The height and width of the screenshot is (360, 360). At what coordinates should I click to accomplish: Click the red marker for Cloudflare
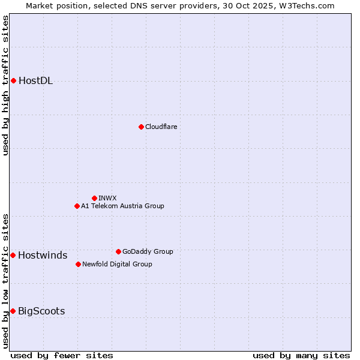141,127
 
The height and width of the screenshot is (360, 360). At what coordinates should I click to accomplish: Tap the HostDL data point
13,81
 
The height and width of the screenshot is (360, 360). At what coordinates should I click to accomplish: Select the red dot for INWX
94,198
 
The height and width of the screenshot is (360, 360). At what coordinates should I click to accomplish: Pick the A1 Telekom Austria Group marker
77,206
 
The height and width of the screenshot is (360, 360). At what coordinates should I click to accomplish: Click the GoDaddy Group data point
118,251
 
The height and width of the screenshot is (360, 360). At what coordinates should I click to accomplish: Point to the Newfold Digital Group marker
78,264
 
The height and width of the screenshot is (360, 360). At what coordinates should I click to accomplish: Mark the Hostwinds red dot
13,255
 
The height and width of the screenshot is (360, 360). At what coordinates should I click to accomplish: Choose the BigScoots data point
13,311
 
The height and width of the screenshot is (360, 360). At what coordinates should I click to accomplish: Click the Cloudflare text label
161,127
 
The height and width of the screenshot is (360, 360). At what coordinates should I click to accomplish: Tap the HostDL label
35,81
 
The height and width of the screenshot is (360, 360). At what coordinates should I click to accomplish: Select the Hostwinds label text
43,256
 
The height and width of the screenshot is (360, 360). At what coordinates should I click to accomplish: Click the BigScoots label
41,311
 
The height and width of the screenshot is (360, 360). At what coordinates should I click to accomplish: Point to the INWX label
107,198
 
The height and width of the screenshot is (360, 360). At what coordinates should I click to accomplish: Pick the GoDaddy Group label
148,251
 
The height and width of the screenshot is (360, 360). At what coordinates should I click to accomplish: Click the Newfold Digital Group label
117,264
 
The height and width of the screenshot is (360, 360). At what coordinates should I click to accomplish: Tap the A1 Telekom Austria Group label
122,206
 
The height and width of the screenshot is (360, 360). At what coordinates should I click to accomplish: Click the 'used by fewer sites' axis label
62,355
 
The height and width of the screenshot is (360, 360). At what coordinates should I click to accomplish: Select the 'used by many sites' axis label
301,355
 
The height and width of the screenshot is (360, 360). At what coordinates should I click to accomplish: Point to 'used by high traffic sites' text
5,85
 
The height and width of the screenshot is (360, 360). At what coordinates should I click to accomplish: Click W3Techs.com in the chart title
305,5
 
